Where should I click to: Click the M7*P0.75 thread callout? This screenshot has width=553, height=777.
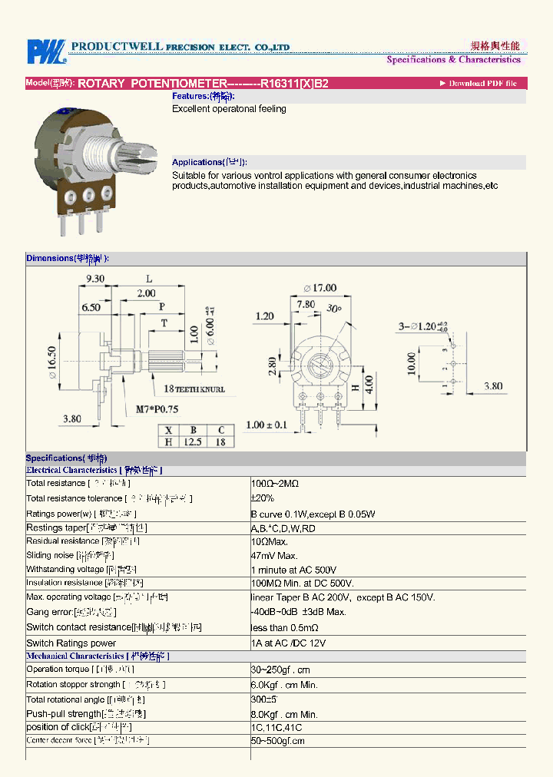tap(153, 410)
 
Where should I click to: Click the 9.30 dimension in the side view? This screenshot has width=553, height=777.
tap(95, 279)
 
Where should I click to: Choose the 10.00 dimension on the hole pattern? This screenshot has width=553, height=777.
tap(412, 363)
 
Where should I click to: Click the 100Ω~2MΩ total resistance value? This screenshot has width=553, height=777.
tap(275, 484)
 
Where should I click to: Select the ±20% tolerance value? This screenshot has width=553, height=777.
tap(263, 498)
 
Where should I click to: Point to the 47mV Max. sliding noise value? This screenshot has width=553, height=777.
tap(274, 555)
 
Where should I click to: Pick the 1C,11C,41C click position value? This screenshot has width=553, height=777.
tap(276, 727)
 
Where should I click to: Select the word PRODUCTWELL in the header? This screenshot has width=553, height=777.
tap(117, 47)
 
